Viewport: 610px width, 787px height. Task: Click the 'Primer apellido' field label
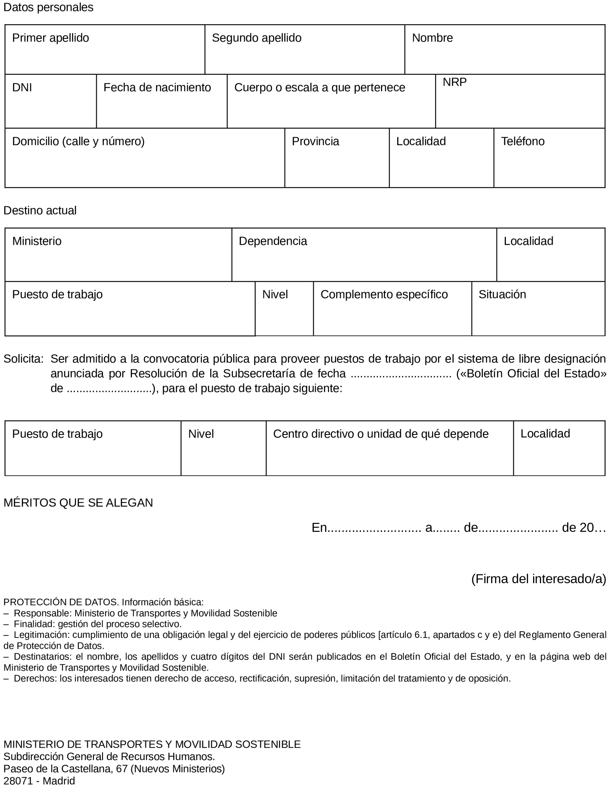50,38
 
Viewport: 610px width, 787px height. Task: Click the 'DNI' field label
22,87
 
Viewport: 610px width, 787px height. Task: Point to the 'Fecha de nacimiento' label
157,87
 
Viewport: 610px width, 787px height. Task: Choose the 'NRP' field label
454,82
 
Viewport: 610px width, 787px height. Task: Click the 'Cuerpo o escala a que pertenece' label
319,87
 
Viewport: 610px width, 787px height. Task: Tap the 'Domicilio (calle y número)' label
78,141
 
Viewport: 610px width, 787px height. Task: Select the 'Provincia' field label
315,141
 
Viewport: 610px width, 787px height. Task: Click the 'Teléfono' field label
522,141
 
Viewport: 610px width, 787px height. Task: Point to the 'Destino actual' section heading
40,210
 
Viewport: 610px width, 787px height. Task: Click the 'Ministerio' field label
37,241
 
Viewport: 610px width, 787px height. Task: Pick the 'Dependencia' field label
273,241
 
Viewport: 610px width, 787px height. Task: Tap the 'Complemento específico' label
384,294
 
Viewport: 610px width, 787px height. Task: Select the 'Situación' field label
502,294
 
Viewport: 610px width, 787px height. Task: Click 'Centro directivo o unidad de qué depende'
380,434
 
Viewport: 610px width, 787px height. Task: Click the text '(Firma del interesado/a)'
538,579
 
